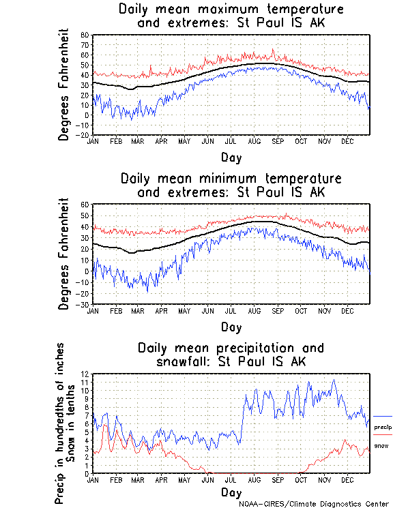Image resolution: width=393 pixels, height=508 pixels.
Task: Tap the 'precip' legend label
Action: click(x=383, y=427)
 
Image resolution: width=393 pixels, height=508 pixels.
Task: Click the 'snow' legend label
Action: click(x=381, y=445)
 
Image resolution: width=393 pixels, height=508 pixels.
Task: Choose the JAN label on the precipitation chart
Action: click(x=93, y=479)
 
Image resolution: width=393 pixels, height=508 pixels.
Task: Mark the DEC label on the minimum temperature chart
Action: click(x=347, y=310)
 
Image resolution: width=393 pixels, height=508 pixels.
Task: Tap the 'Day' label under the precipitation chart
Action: click(x=231, y=492)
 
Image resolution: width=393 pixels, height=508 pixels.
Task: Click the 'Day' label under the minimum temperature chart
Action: click(x=231, y=327)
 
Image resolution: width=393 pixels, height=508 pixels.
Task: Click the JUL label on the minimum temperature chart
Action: click(x=231, y=310)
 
